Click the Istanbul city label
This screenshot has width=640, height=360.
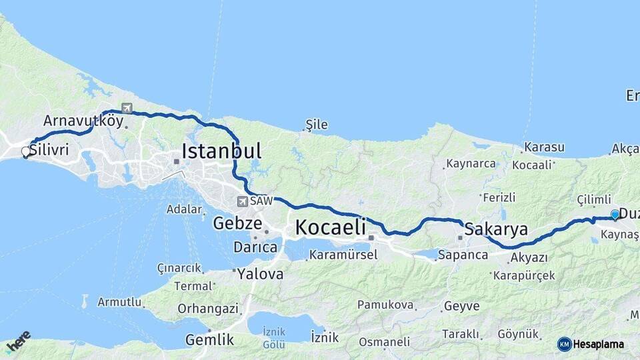[x=221, y=151]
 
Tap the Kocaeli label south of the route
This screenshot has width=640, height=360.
[x=331, y=227]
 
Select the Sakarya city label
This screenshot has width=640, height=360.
[x=496, y=230]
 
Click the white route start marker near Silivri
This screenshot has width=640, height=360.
[x=26, y=152]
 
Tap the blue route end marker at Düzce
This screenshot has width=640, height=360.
[x=615, y=215]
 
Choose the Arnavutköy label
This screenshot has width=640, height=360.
[x=83, y=121]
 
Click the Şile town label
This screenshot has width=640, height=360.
[x=317, y=124]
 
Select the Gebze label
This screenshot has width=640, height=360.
[x=237, y=223]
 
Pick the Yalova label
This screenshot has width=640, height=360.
[x=260, y=274]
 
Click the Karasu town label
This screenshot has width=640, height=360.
[x=544, y=147]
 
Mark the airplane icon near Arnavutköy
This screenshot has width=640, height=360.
[x=127, y=107]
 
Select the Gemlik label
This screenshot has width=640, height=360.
[x=209, y=340]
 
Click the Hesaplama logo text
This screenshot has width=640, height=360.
[x=598, y=344]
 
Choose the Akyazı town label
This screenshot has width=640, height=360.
[x=529, y=257]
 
